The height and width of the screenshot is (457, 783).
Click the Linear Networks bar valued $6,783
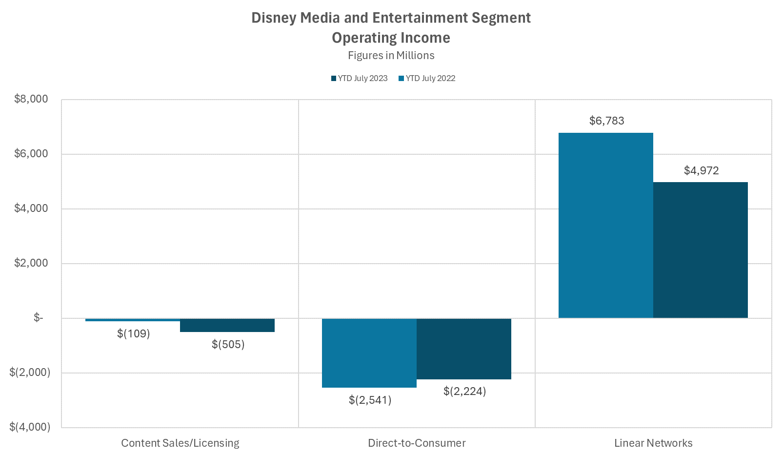click(x=605, y=225)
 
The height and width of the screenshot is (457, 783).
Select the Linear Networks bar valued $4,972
click(x=700, y=250)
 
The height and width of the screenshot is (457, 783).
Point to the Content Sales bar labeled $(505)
click(x=227, y=325)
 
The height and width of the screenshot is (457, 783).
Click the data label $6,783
click(x=606, y=121)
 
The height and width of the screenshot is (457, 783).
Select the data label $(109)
click(x=133, y=333)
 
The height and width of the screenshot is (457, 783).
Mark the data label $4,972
click(x=701, y=170)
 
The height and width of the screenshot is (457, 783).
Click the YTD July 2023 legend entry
click(x=360, y=79)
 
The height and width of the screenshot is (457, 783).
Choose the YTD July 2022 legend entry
click(x=427, y=79)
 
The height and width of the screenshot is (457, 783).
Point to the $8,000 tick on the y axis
click(x=31, y=99)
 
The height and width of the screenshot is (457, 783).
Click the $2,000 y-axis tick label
click(x=31, y=263)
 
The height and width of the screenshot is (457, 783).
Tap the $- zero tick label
click(x=38, y=318)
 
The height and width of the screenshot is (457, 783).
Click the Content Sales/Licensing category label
click(x=180, y=443)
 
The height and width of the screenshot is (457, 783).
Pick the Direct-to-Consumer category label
click(x=417, y=443)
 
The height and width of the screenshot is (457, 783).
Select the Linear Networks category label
click(x=653, y=443)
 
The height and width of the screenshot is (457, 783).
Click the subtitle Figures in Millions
click(x=391, y=56)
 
